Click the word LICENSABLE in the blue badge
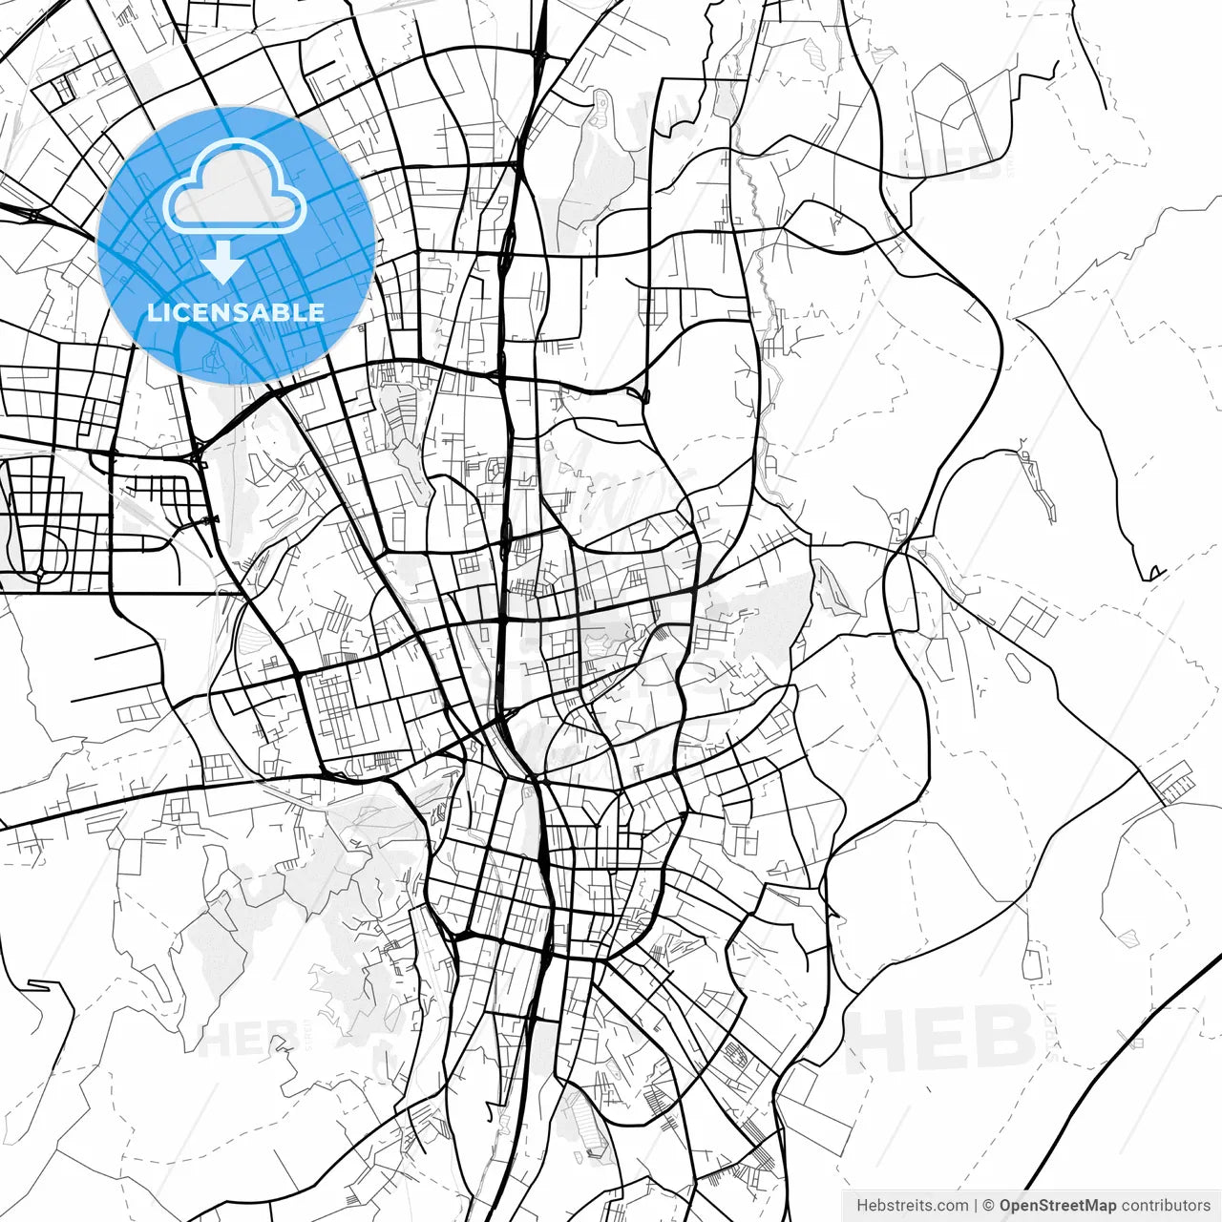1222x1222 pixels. (x=235, y=312)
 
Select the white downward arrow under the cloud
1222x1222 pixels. (x=223, y=263)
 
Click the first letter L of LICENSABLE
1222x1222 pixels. (x=153, y=312)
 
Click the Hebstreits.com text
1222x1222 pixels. (x=912, y=1206)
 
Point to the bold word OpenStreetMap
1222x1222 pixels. (x=1058, y=1206)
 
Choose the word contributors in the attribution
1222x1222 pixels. (x=1166, y=1206)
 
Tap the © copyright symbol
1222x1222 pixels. (x=989, y=1206)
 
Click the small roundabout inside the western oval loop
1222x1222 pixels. (x=41, y=573)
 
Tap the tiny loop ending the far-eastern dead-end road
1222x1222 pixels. (x=1156, y=573)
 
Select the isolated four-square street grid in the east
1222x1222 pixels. (x=1028, y=619)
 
